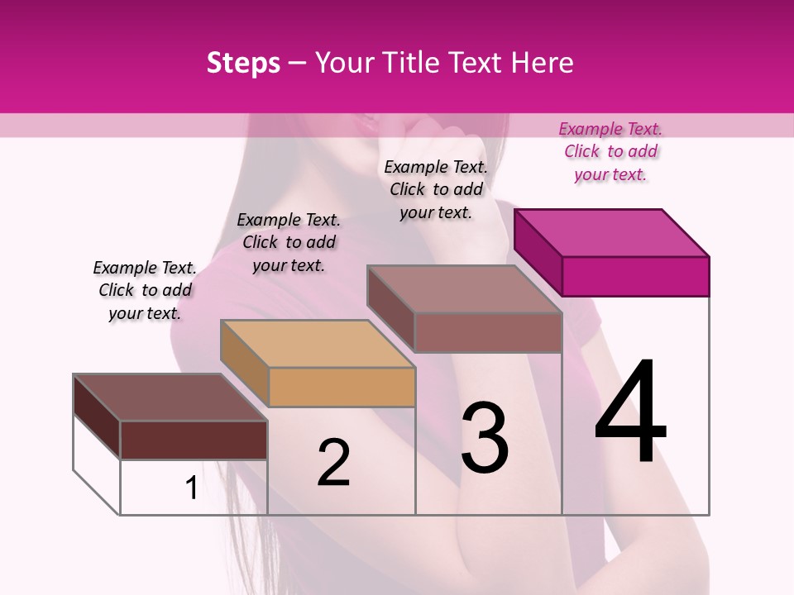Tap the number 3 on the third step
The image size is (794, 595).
484,438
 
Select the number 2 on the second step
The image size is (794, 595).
333,463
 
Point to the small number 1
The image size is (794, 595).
191,488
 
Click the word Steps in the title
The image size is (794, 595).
243,63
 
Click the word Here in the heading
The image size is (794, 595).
543,63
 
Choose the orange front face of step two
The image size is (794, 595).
342,387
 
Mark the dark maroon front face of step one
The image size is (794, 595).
194,440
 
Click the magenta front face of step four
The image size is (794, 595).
635,276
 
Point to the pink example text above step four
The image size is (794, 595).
610,151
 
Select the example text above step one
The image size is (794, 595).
145,290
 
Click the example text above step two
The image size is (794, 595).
289,242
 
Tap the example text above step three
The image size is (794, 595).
436,189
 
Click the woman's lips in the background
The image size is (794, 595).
365,126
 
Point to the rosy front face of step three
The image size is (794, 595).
488,332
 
